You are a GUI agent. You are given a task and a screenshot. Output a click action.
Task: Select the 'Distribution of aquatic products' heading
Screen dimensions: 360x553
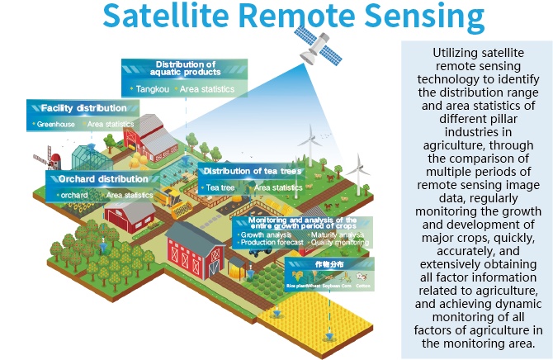click(x=186, y=69)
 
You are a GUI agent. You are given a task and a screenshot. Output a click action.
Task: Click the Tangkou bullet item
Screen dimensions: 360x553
click(x=148, y=89)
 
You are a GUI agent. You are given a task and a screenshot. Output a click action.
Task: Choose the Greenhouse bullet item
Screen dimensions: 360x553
click(x=53, y=125)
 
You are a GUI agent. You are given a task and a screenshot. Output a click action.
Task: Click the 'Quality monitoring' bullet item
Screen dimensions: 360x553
click(x=341, y=243)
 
